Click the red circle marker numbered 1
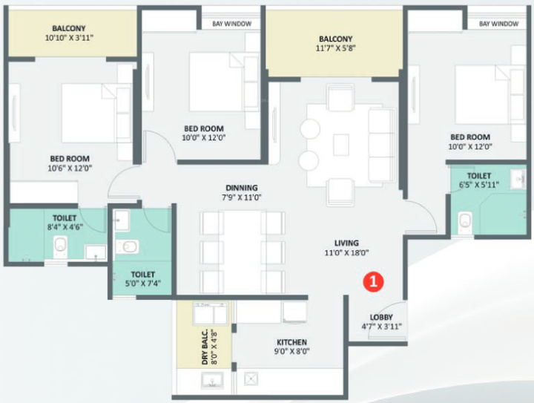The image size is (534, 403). click(x=372, y=281)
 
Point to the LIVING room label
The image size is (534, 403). click(x=346, y=243)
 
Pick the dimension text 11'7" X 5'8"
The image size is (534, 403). click(x=335, y=50)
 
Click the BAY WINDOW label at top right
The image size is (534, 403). click(x=498, y=24)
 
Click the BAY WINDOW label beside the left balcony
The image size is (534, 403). click(x=231, y=24)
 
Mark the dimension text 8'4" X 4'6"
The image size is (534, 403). click(x=64, y=228)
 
